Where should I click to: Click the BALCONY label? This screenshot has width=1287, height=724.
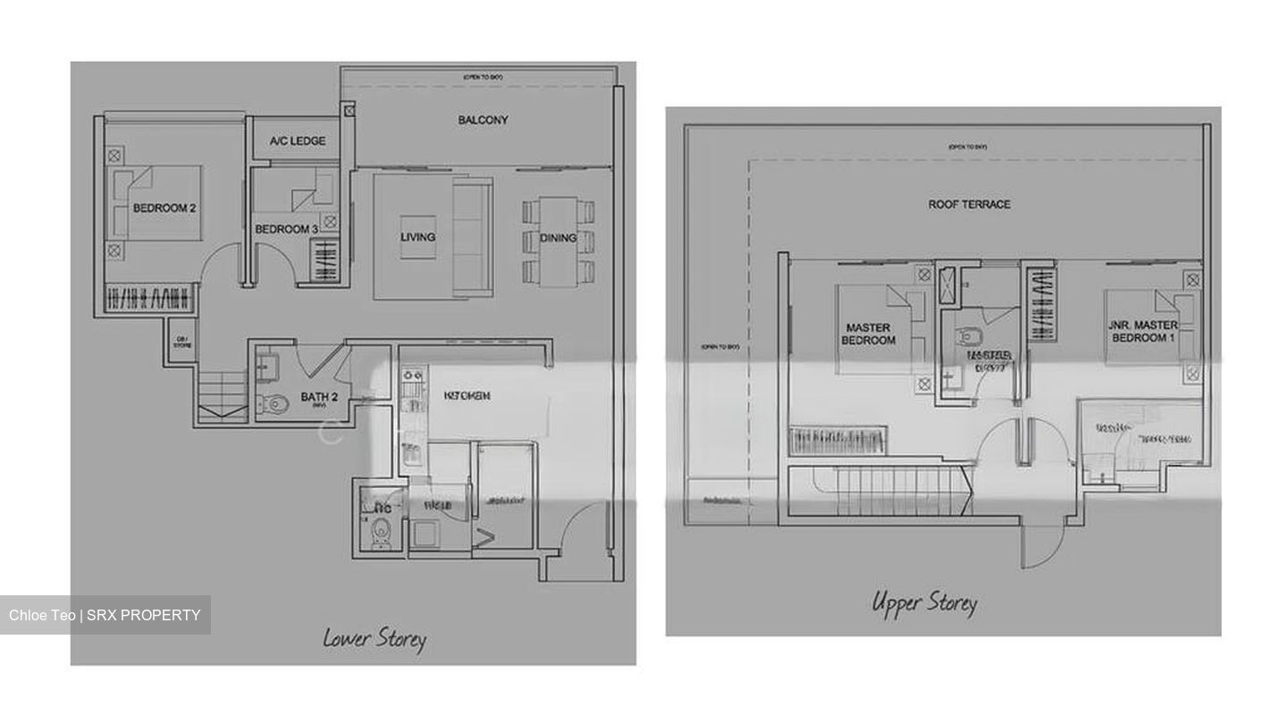point(483,120)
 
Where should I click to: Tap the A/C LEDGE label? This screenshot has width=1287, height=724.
point(298,141)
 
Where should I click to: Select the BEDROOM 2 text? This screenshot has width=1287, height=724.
point(164,208)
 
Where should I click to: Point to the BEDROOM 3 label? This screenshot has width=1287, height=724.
point(286,230)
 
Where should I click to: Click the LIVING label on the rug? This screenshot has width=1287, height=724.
point(417,237)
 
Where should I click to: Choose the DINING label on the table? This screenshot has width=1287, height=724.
point(558,238)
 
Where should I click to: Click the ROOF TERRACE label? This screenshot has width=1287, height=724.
point(969,205)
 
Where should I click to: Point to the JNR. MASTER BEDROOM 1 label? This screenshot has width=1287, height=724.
point(1143,331)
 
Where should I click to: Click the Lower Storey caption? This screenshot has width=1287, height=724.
point(374,638)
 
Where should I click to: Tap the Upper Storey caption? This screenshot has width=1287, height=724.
point(924,603)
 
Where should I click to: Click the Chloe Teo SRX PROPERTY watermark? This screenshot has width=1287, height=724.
point(105,615)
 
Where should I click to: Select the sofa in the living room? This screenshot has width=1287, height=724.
point(473,237)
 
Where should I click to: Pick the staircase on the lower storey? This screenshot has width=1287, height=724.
point(221,399)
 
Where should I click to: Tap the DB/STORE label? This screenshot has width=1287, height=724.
point(182,341)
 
